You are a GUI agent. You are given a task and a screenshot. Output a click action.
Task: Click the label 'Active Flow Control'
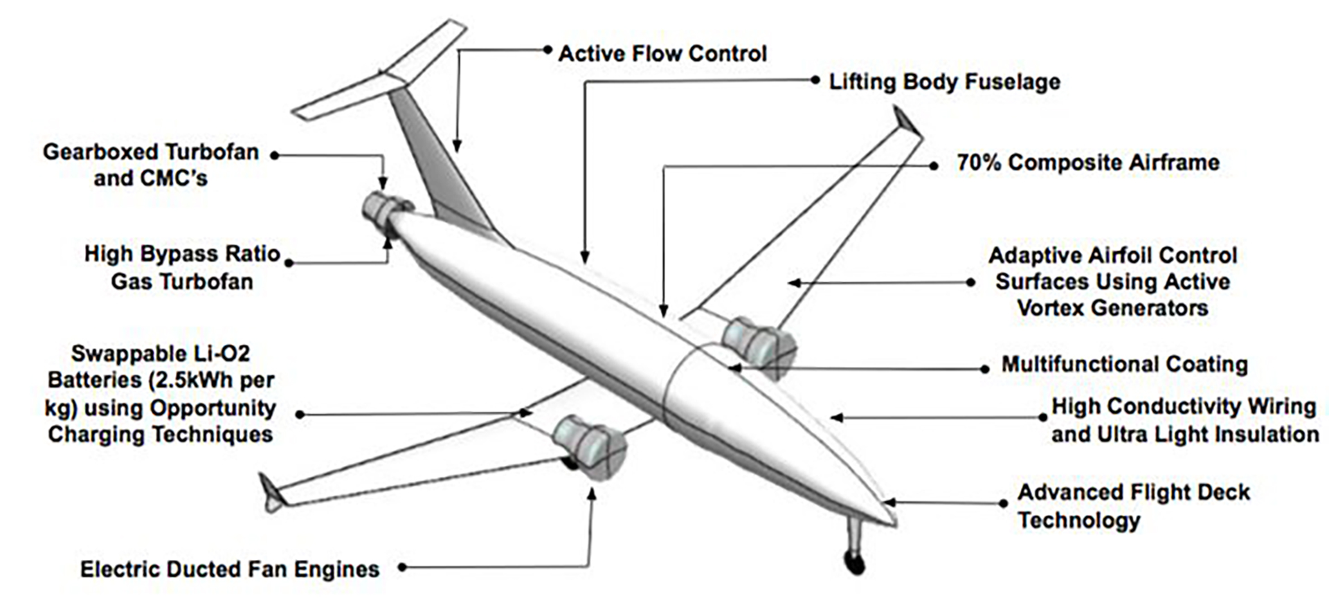662,54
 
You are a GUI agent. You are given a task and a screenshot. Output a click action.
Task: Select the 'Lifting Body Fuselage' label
944,82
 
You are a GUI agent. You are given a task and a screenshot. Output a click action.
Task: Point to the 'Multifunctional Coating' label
1124,364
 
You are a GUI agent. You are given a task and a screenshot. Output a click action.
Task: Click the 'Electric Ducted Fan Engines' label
230,569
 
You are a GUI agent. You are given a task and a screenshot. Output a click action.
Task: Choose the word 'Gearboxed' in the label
102,152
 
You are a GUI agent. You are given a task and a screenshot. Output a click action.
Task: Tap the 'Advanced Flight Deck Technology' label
1133,506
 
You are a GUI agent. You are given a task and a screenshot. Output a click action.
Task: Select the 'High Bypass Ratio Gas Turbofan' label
182,268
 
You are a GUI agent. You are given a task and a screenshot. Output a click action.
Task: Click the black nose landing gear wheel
856,563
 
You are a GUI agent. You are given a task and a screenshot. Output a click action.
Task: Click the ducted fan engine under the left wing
587,445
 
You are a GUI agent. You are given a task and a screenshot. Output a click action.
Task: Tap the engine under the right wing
759,346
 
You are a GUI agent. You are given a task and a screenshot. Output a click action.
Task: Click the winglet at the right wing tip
907,122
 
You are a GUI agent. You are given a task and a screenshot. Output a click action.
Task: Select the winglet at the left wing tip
270,491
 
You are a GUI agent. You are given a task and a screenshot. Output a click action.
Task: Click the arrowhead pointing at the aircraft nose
889,502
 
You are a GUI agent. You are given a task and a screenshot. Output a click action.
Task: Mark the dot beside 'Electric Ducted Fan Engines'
401,568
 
